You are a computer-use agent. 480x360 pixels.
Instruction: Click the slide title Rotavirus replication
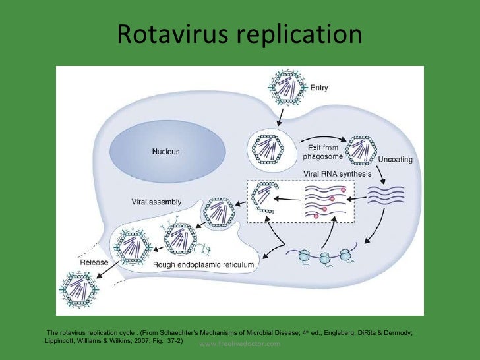click(x=240, y=36)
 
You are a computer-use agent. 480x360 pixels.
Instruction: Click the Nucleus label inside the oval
click(x=165, y=151)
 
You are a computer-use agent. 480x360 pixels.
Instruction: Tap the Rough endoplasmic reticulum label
click(x=204, y=264)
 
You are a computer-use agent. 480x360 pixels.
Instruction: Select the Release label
click(x=94, y=262)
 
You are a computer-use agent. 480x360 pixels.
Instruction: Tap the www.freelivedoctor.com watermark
click(x=239, y=344)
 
